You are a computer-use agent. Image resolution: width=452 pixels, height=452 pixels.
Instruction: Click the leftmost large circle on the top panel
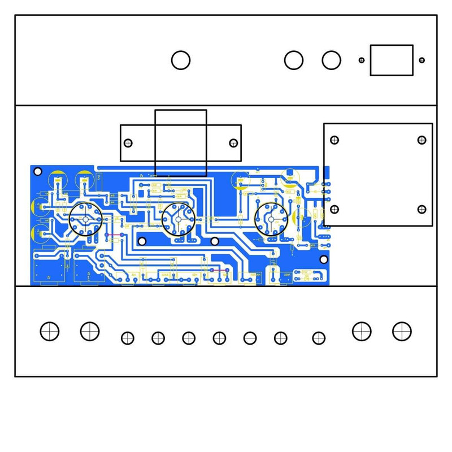[x=181, y=60]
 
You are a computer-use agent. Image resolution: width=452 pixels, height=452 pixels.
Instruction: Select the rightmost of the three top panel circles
[x=332, y=60]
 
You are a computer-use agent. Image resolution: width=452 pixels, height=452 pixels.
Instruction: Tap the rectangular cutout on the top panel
[x=392, y=60]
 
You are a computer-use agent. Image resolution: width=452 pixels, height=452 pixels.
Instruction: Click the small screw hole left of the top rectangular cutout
[x=362, y=60]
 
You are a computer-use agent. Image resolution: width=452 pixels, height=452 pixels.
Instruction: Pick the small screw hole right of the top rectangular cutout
[x=421, y=60]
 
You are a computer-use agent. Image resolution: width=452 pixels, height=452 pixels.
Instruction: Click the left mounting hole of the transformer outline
[x=128, y=143]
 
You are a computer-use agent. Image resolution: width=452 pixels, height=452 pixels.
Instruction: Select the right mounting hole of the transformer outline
[x=233, y=143]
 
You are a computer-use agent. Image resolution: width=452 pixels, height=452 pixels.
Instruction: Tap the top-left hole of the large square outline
[x=334, y=140]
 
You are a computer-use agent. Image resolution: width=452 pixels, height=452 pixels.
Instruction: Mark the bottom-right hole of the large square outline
[x=421, y=210]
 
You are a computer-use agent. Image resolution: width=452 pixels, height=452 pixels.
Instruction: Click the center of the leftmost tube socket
[x=85, y=219]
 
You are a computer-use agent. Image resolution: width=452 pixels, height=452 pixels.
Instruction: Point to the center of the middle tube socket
[x=178, y=220]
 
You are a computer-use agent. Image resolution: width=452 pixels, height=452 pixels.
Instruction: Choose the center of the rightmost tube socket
[x=271, y=219]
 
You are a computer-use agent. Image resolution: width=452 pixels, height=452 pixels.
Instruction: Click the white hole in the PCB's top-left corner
[x=38, y=171]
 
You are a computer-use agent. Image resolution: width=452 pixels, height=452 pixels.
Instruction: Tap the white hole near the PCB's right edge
[x=324, y=259]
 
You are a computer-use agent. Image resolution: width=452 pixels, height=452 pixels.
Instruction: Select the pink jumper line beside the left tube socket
[x=115, y=235]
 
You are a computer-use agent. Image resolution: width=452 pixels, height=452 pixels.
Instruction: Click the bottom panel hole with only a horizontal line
[x=250, y=338]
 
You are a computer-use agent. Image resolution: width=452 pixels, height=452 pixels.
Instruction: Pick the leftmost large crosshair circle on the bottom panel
[x=50, y=331]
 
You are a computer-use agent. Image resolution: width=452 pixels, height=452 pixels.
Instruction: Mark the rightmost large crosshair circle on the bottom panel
[x=402, y=331]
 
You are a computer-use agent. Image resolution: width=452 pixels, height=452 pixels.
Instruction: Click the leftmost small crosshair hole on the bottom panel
[x=128, y=338]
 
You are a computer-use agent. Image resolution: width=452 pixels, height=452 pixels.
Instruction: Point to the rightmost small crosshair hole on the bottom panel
[x=319, y=338]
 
